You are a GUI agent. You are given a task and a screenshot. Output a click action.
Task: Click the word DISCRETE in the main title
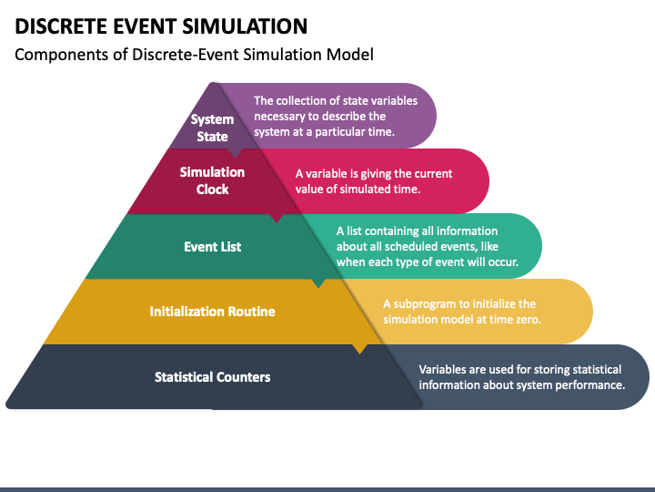tap(61, 26)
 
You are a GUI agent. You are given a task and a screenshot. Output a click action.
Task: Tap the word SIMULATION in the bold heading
tap(245, 26)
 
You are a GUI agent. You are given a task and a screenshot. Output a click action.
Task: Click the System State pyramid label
tap(212, 128)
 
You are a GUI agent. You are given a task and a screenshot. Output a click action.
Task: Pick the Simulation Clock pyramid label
tap(212, 180)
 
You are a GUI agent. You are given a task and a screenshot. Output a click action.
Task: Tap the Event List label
tap(213, 247)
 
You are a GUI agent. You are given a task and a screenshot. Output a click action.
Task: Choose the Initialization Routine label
tap(212, 312)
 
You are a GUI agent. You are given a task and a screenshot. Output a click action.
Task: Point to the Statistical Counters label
tap(213, 377)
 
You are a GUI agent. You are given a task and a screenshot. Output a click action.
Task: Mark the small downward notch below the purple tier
tap(236, 153)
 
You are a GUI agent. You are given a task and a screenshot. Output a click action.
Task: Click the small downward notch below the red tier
tap(277, 219)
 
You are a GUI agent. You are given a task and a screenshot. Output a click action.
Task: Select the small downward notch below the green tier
tap(318, 283)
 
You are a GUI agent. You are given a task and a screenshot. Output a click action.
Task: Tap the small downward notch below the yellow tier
tap(360, 349)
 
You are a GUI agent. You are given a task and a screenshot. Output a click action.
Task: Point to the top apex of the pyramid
tap(214, 83)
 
